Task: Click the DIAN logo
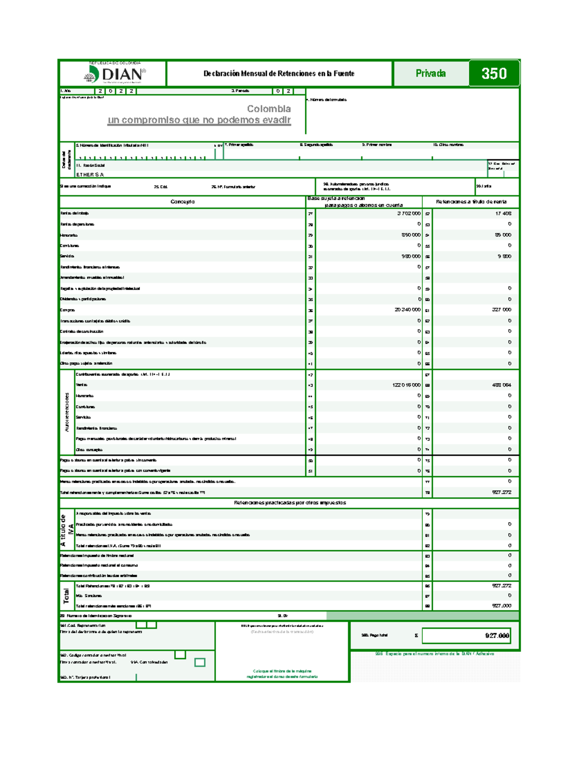[115, 74]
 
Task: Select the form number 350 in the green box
[493, 74]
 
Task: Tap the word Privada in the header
[430, 74]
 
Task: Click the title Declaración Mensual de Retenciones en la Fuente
[279, 74]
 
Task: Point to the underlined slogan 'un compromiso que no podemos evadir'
[199, 120]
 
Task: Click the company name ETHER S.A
[90, 174]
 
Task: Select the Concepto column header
[182, 202]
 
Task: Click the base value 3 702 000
[409, 214]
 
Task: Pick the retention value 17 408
[503, 214]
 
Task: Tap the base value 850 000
[411, 235]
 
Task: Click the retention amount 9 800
[504, 256]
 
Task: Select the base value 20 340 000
[407, 310]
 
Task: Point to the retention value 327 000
[501, 310]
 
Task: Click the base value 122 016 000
[406, 385]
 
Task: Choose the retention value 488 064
[501, 385]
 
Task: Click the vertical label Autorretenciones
[67, 412]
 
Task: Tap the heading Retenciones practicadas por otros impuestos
[290, 503]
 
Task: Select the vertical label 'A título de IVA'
[67, 530]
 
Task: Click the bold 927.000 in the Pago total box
[497, 636]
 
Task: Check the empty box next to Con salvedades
[199, 663]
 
